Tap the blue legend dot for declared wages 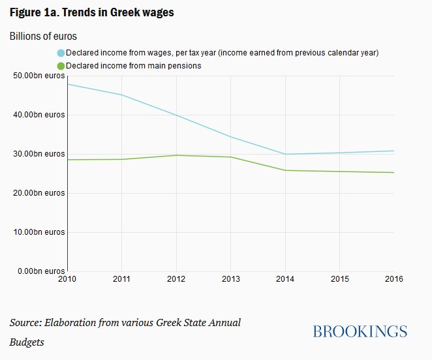pos(61,53)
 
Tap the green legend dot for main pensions pos(61,66)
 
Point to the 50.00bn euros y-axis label pos(39,76)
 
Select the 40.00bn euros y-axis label pos(39,115)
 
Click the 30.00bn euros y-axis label pos(39,154)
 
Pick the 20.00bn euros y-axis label pos(39,193)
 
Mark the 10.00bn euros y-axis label pos(39,232)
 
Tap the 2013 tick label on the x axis pos(231,279)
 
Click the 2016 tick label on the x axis pos(393,279)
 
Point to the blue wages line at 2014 pos(285,154)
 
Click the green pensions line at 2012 pos(177,155)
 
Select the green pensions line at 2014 pos(285,170)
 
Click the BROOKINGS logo pos(360,331)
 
